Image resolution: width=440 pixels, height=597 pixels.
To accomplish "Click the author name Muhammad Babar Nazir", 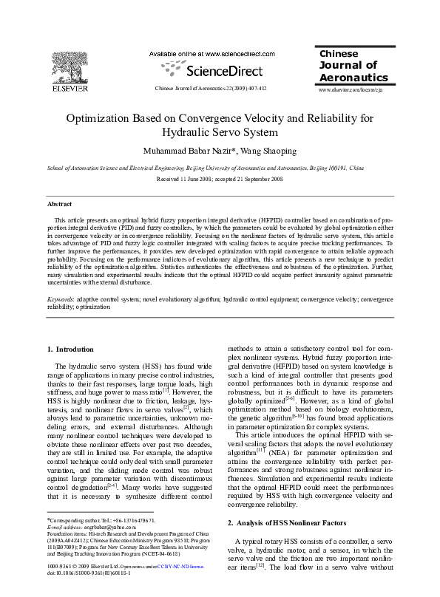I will (189, 151).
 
